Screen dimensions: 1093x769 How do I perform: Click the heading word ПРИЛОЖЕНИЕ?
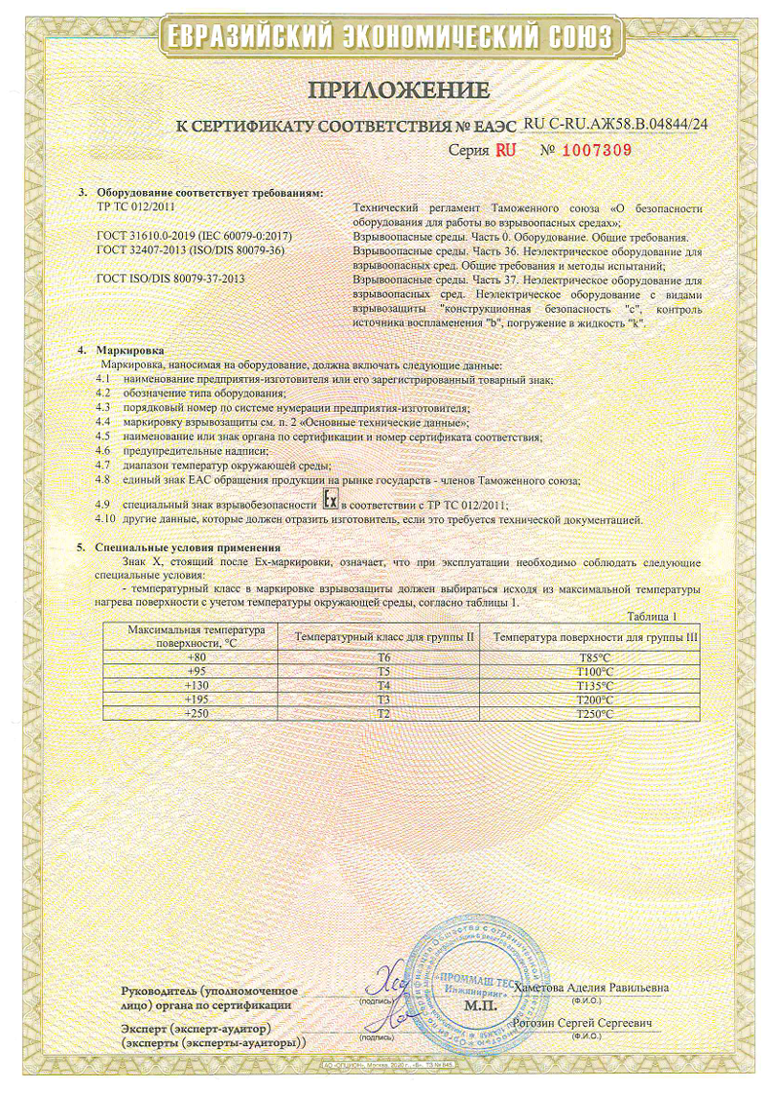tap(398, 91)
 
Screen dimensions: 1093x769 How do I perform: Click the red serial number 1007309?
tap(597, 150)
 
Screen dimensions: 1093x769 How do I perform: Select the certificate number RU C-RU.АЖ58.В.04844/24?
tap(615, 124)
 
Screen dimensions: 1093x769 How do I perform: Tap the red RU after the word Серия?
tap(504, 150)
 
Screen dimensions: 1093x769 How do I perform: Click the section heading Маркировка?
tap(129, 349)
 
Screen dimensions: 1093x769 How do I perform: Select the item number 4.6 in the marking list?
tap(104, 452)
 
